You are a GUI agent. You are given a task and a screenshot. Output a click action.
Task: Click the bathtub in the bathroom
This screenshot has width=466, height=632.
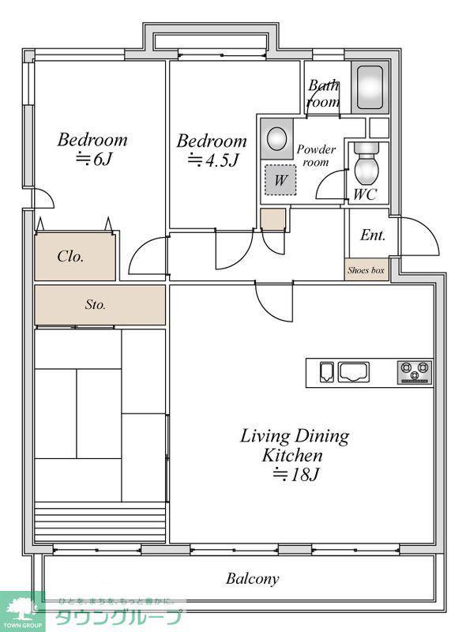[x=370, y=88]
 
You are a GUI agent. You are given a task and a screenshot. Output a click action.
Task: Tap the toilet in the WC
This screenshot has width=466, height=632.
[x=366, y=164]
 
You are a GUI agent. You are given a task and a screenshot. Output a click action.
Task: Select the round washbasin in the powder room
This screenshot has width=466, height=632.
[x=277, y=138]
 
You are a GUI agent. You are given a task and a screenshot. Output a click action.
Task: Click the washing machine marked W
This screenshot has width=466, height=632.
[x=280, y=180]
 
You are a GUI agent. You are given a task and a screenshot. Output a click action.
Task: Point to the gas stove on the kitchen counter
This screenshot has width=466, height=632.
[x=415, y=372]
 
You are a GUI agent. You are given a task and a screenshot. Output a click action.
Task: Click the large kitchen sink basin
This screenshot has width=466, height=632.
[x=354, y=371]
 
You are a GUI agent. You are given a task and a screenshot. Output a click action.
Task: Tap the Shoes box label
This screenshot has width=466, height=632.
[x=366, y=270]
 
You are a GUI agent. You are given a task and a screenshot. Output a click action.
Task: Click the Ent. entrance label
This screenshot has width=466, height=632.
[x=373, y=235]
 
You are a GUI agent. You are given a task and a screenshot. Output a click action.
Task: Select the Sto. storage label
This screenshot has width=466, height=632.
[x=96, y=304]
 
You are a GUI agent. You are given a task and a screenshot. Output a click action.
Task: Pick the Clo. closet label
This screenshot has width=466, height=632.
[x=70, y=256]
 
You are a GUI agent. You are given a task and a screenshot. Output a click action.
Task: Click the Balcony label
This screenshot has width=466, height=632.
[x=252, y=579]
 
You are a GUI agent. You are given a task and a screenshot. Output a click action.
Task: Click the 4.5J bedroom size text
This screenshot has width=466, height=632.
[x=213, y=160]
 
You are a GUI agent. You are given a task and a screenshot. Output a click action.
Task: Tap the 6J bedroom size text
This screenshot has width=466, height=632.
[x=93, y=160]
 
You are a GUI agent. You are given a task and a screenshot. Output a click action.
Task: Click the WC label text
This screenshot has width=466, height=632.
[x=365, y=194]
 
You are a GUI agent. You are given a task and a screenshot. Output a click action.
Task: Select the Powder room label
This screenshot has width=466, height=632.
[x=316, y=156]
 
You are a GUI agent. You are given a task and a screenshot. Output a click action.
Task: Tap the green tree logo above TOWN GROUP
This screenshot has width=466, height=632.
[x=21, y=608]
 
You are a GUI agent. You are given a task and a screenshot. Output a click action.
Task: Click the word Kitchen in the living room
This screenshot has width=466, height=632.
[x=292, y=456]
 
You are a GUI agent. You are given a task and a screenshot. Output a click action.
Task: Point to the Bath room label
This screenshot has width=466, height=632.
[x=323, y=93]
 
